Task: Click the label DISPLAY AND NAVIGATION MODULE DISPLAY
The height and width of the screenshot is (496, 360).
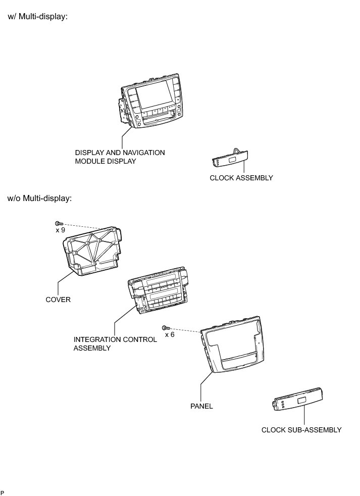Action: (x=120, y=157)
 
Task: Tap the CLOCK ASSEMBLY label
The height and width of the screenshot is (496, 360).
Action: (x=241, y=178)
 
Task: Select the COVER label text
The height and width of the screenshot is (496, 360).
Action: (x=58, y=300)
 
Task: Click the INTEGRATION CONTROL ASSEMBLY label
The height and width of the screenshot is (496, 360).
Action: (x=115, y=343)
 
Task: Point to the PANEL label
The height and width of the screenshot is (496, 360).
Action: (x=201, y=406)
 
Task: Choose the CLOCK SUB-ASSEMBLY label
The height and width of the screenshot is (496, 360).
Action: (x=301, y=430)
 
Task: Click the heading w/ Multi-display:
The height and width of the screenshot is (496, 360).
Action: (x=37, y=17)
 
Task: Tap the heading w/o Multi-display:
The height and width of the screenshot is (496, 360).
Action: (x=39, y=198)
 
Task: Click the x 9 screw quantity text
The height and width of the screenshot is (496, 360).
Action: (x=60, y=230)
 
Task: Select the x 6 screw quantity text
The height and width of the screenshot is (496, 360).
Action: (x=169, y=334)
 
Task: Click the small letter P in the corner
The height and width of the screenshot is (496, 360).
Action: (x=3, y=492)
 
